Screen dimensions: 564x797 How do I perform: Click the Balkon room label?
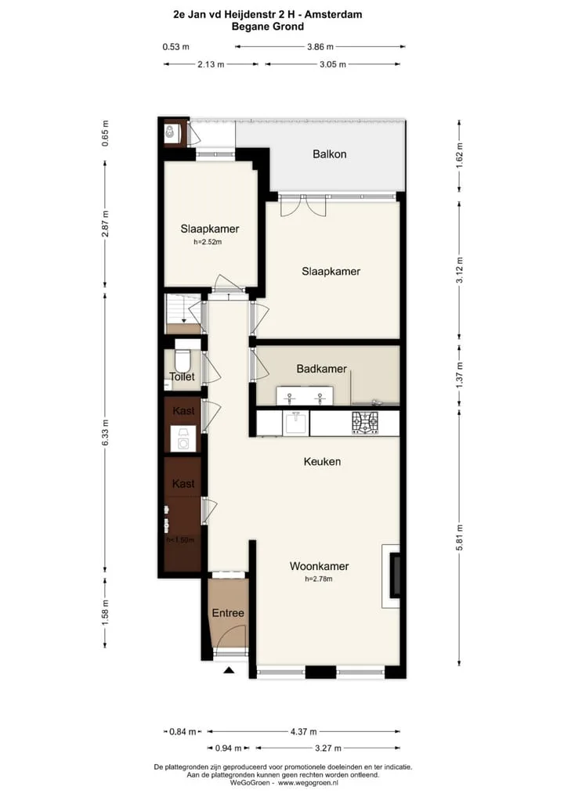click(330, 154)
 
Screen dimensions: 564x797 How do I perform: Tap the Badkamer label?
click(321, 369)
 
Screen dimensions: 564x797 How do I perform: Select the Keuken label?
click(322, 462)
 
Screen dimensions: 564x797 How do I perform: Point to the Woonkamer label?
click(319, 566)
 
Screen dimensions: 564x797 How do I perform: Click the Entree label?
click(228, 613)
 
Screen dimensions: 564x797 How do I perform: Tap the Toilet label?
click(182, 377)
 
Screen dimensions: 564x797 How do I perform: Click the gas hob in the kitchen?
click(365, 423)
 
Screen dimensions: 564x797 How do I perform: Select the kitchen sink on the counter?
click(295, 424)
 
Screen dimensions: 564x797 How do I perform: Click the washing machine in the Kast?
click(183, 439)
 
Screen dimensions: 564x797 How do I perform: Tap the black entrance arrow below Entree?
click(229, 670)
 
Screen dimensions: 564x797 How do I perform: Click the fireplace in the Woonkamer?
click(393, 576)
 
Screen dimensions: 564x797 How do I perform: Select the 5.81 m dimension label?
click(459, 537)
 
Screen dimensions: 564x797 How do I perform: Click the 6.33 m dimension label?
click(105, 433)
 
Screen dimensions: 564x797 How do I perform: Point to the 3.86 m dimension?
click(320, 47)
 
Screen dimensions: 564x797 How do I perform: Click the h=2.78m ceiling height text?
click(319, 579)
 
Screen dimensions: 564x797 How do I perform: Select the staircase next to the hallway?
click(183, 314)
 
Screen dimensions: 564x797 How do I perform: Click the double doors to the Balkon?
click(302, 206)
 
